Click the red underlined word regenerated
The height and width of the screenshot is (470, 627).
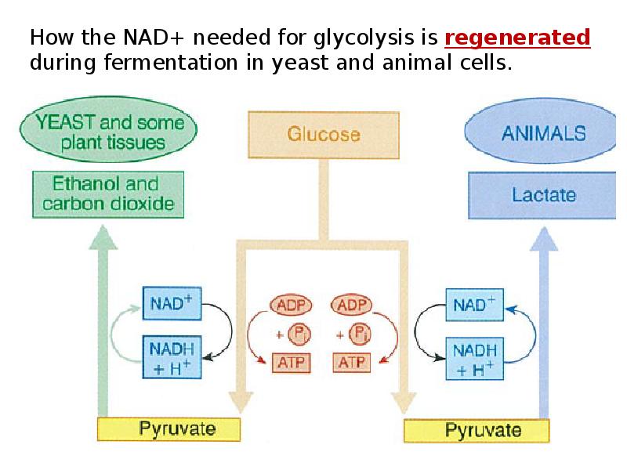(x=517, y=38)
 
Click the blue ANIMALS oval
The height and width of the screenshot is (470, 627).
(x=543, y=133)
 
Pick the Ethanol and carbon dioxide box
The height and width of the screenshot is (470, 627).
(x=108, y=195)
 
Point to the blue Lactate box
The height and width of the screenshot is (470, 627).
(x=543, y=194)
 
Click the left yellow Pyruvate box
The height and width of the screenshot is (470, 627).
(x=168, y=429)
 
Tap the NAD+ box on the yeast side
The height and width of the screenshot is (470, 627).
(x=172, y=304)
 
